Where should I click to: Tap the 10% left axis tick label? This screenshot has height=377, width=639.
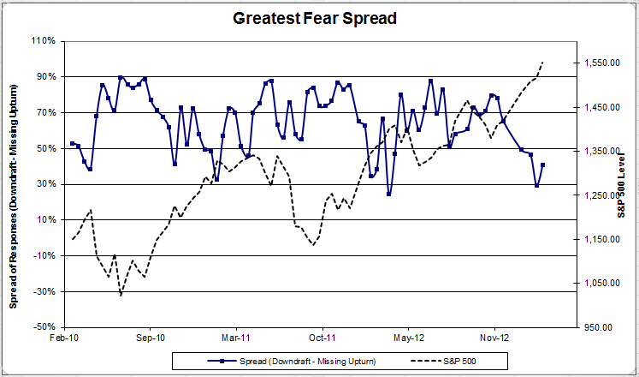pos(45,220)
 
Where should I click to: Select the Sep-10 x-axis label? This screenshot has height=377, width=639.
pos(150,338)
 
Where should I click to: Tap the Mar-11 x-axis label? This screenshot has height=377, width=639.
pos(236,338)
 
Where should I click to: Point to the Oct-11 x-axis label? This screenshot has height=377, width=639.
pos(322,338)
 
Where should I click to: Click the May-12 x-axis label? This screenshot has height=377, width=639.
pos(409,338)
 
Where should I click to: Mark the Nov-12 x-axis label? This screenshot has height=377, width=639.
pos(495,338)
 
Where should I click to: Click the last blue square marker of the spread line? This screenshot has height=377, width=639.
pos(543,165)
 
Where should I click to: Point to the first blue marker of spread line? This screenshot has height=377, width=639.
pos(72,143)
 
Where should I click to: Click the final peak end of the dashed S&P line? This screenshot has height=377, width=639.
pos(543,63)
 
